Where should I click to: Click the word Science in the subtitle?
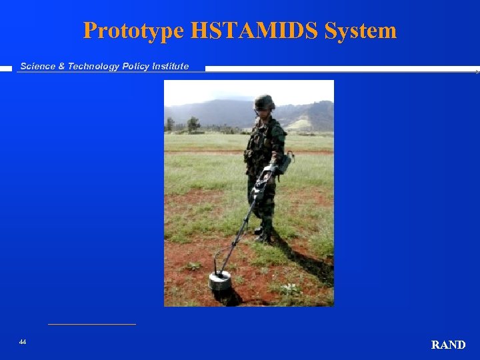pos(38,66)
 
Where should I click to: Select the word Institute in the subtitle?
pos(169,66)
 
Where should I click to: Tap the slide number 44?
pos(23,342)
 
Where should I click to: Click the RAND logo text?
pos(448,345)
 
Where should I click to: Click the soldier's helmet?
pos(265,102)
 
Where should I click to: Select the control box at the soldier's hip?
pos(285,163)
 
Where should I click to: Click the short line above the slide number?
pos(92,325)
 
